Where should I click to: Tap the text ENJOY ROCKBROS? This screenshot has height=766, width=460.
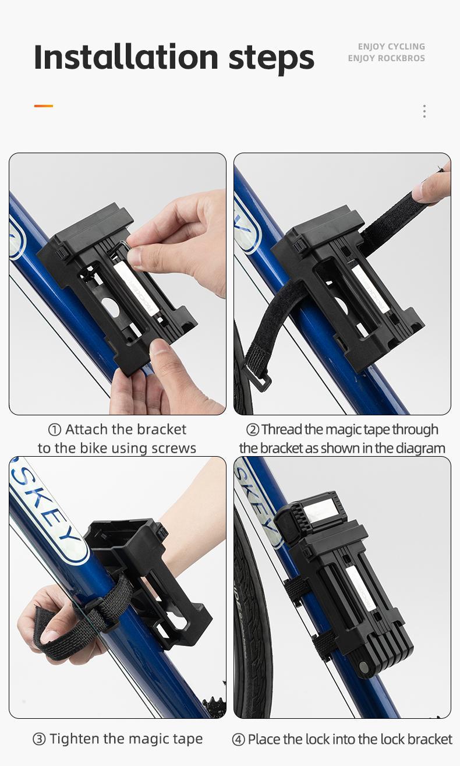click(386, 58)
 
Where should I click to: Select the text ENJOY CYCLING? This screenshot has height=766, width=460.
click(391, 47)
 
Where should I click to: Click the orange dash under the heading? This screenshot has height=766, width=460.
click(44, 106)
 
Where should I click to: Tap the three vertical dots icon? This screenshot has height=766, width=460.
click(424, 111)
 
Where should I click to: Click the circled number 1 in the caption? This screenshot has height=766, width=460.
click(55, 430)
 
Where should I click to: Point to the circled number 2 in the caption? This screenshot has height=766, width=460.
click(252, 430)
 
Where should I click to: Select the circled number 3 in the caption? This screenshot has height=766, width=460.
click(38, 739)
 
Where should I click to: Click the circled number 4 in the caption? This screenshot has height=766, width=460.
click(238, 740)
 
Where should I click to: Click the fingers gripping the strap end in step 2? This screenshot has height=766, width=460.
click(432, 187)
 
